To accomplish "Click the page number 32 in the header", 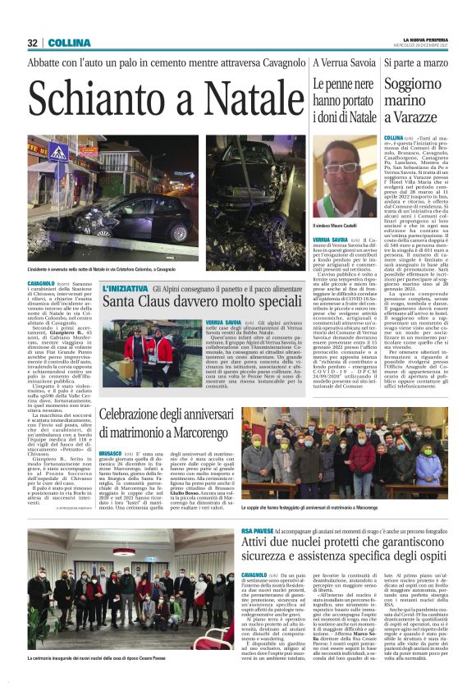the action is [x=32, y=43].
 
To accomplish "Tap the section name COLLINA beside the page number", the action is [x=63, y=43].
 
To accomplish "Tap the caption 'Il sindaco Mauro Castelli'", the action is [x=339, y=225].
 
